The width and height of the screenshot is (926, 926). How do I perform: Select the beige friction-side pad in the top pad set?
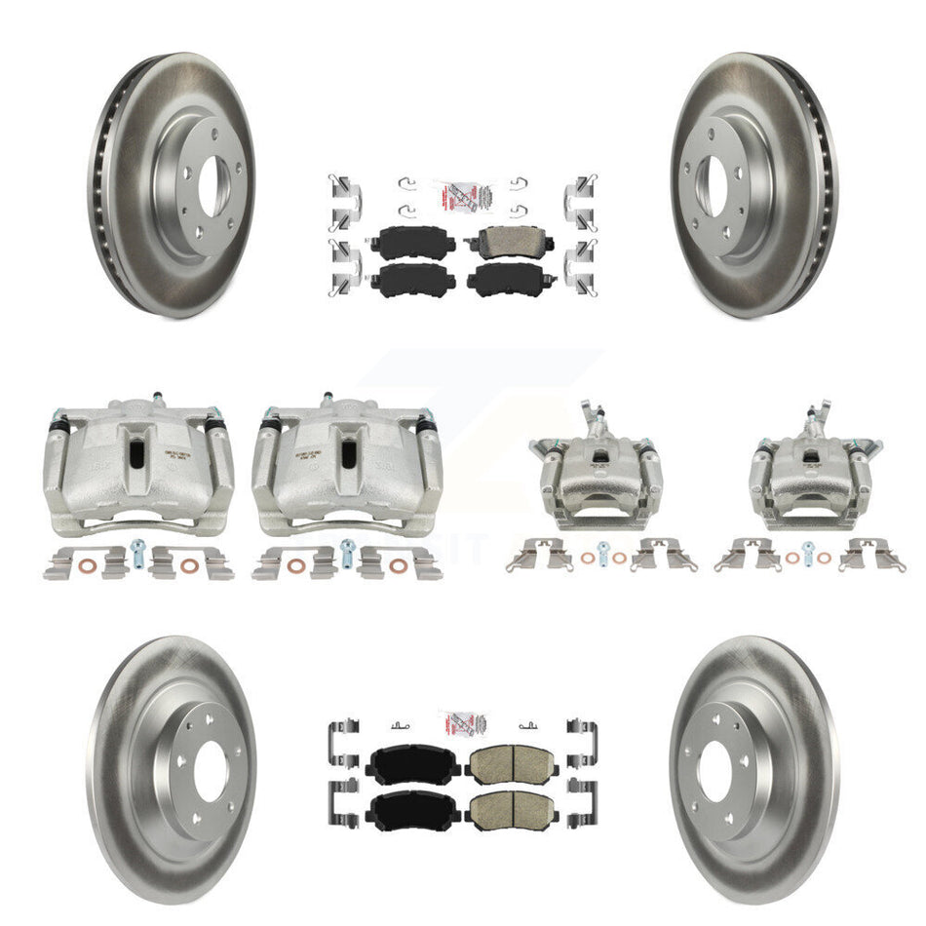(x=507, y=242)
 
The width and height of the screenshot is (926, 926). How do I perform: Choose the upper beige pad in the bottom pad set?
(x=504, y=763)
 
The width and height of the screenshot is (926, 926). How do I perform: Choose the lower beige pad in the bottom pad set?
(x=504, y=805)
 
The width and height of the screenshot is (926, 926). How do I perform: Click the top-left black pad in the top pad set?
(x=418, y=242)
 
